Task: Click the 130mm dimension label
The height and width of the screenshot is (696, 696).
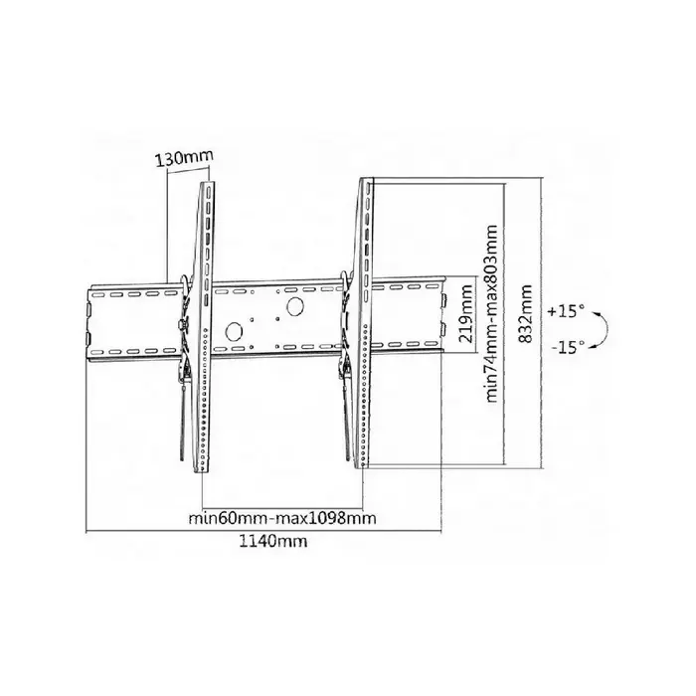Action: pyautogui.click(x=185, y=158)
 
